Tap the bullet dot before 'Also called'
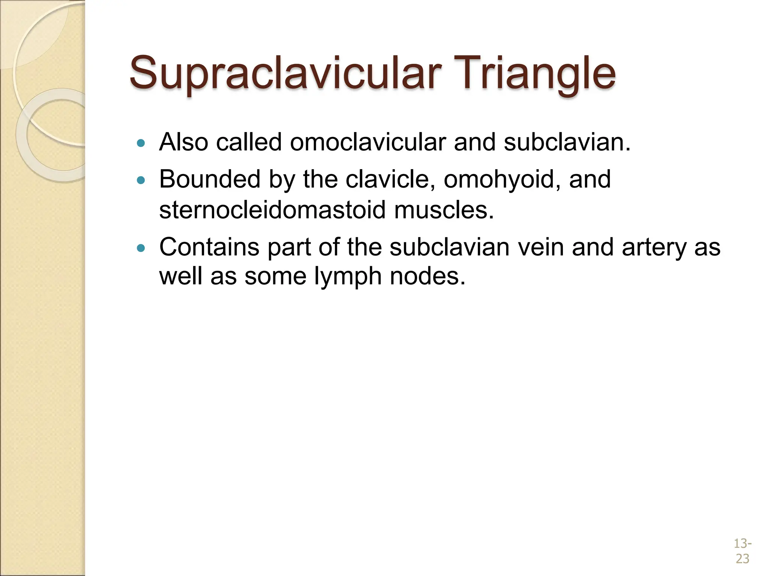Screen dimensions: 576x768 coord(141,143)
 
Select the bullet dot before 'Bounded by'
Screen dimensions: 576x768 coord(141,180)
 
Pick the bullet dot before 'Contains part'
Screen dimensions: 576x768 coord(141,248)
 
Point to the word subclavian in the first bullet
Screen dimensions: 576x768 coord(566,142)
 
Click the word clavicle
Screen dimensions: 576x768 coord(390,179)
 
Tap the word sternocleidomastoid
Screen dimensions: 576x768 coord(272,210)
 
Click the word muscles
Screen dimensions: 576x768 coord(444,210)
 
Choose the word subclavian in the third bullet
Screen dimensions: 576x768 coord(449,247)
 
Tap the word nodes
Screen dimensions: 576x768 coord(427,277)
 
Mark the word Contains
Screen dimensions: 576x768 coord(209,247)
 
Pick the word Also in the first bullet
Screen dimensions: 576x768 coord(183,142)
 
